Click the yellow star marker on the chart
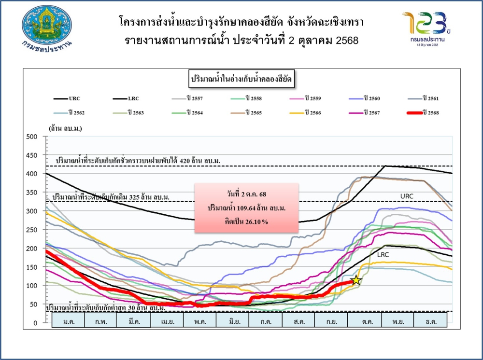[356, 280]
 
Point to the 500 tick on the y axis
[31, 137]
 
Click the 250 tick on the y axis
[31, 230]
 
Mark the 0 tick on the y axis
[35, 323]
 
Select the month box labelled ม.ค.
[68, 321]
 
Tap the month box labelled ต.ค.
[364, 321]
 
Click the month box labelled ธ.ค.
[430, 321]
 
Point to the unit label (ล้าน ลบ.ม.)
[65, 129]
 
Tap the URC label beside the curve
[407, 196]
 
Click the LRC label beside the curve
[383, 254]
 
